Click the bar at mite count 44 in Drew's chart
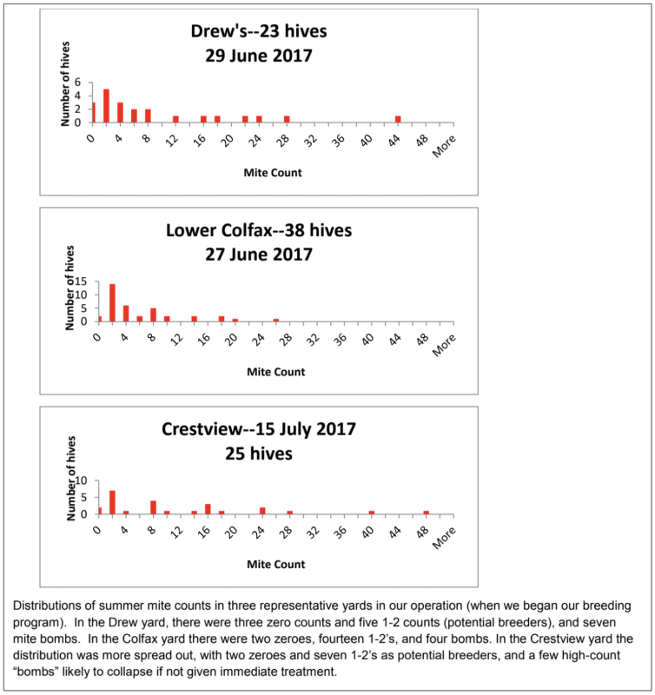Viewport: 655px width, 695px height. (398, 119)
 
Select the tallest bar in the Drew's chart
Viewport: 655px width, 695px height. (106, 106)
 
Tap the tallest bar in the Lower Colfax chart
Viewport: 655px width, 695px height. (113, 302)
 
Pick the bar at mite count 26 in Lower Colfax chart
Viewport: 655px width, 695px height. (276, 320)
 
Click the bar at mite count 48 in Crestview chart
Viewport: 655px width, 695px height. (427, 513)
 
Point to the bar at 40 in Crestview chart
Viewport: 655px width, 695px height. (372, 513)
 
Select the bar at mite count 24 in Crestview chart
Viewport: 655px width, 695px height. (262, 511)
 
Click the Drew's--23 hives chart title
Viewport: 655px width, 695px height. (259, 31)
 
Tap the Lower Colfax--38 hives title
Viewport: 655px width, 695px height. (259, 230)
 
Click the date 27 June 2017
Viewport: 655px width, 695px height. (259, 255)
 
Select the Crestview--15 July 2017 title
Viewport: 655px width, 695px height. (259, 429)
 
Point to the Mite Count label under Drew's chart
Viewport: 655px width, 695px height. (273, 172)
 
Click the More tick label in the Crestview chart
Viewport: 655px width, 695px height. (444, 538)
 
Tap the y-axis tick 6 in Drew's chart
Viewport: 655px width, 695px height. (78, 82)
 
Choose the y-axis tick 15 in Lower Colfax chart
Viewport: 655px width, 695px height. (81, 281)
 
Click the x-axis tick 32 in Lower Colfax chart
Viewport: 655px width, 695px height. (314, 340)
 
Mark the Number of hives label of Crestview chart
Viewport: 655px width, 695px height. (71, 479)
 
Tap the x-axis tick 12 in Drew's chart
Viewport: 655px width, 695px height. (172, 140)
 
